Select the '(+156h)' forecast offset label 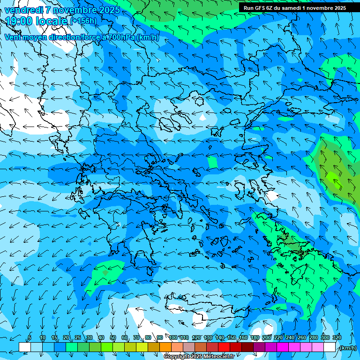click(x=83, y=21)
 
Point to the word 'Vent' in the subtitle click(x=14, y=37)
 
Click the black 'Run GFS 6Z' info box click(x=294, y=8)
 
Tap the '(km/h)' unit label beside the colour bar click(x=348, y=348)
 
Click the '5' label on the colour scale click(x=30, y=338)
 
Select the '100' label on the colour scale click(x=173, y=338)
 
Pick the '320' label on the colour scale click(x=337, y=338)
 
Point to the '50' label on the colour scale click(x=113, y=338)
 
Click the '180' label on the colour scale click(x=255, y=338)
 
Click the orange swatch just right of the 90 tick click(x=165, y=347)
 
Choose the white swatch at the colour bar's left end click(x=24, y=347)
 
